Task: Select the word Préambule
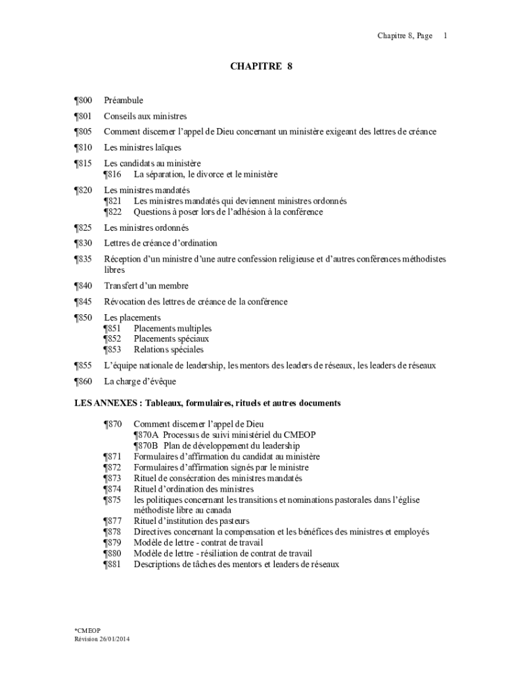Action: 124,101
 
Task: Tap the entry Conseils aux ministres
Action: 145,116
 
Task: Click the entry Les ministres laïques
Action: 142,147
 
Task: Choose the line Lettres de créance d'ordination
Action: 160,243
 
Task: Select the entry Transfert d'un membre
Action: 146,286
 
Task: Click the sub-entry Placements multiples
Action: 173,328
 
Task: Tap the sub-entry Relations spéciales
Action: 168,350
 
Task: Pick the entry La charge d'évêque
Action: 140,381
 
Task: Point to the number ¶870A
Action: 146,435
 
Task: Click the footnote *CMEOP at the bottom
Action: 87,630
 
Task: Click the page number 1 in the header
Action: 446,35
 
